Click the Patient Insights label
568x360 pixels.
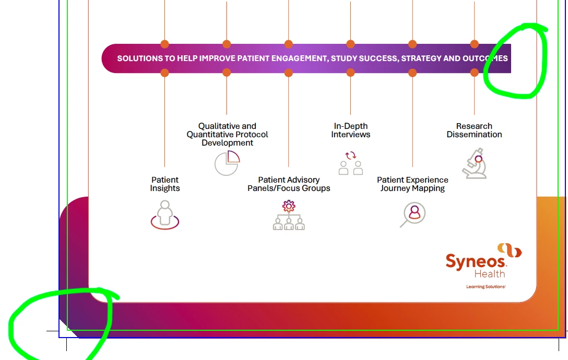165,184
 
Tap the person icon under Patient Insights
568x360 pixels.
165,215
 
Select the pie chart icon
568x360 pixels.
227,163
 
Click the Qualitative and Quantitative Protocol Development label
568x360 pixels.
227,134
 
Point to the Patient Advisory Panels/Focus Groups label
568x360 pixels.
289,184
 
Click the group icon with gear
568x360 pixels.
289,215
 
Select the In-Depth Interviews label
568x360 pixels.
351,130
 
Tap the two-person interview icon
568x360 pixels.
351,163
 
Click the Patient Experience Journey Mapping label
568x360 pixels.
412,184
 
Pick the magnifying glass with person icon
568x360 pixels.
413,214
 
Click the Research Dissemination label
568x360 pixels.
474,130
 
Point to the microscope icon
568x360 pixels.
475,163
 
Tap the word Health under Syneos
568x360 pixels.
489,274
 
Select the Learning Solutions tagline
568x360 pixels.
486,286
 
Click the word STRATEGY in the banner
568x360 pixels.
421,58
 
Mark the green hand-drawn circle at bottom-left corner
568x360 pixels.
60,323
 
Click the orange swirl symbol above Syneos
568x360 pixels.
509,250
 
